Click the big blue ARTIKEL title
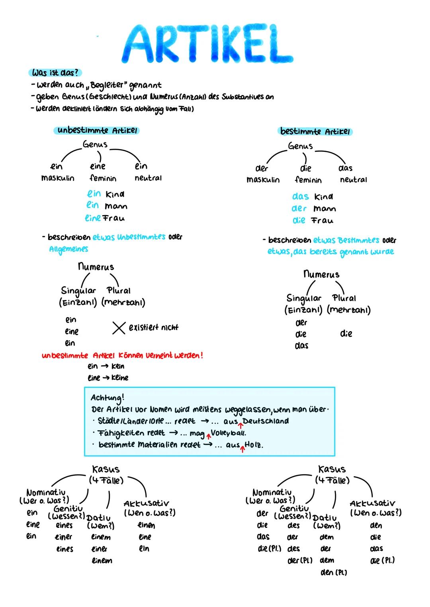207,44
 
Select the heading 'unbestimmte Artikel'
97,130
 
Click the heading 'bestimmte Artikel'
315,131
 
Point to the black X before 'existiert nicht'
118,328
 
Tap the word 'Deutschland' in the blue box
266,421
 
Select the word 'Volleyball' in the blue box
228,433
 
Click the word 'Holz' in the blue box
254,445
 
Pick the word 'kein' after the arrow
118,366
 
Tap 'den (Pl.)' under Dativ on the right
333,572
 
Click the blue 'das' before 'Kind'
300,197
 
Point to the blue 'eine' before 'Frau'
93,218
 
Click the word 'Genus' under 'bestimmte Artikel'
300,146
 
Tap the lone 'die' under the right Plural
346,334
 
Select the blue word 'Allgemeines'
68,249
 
